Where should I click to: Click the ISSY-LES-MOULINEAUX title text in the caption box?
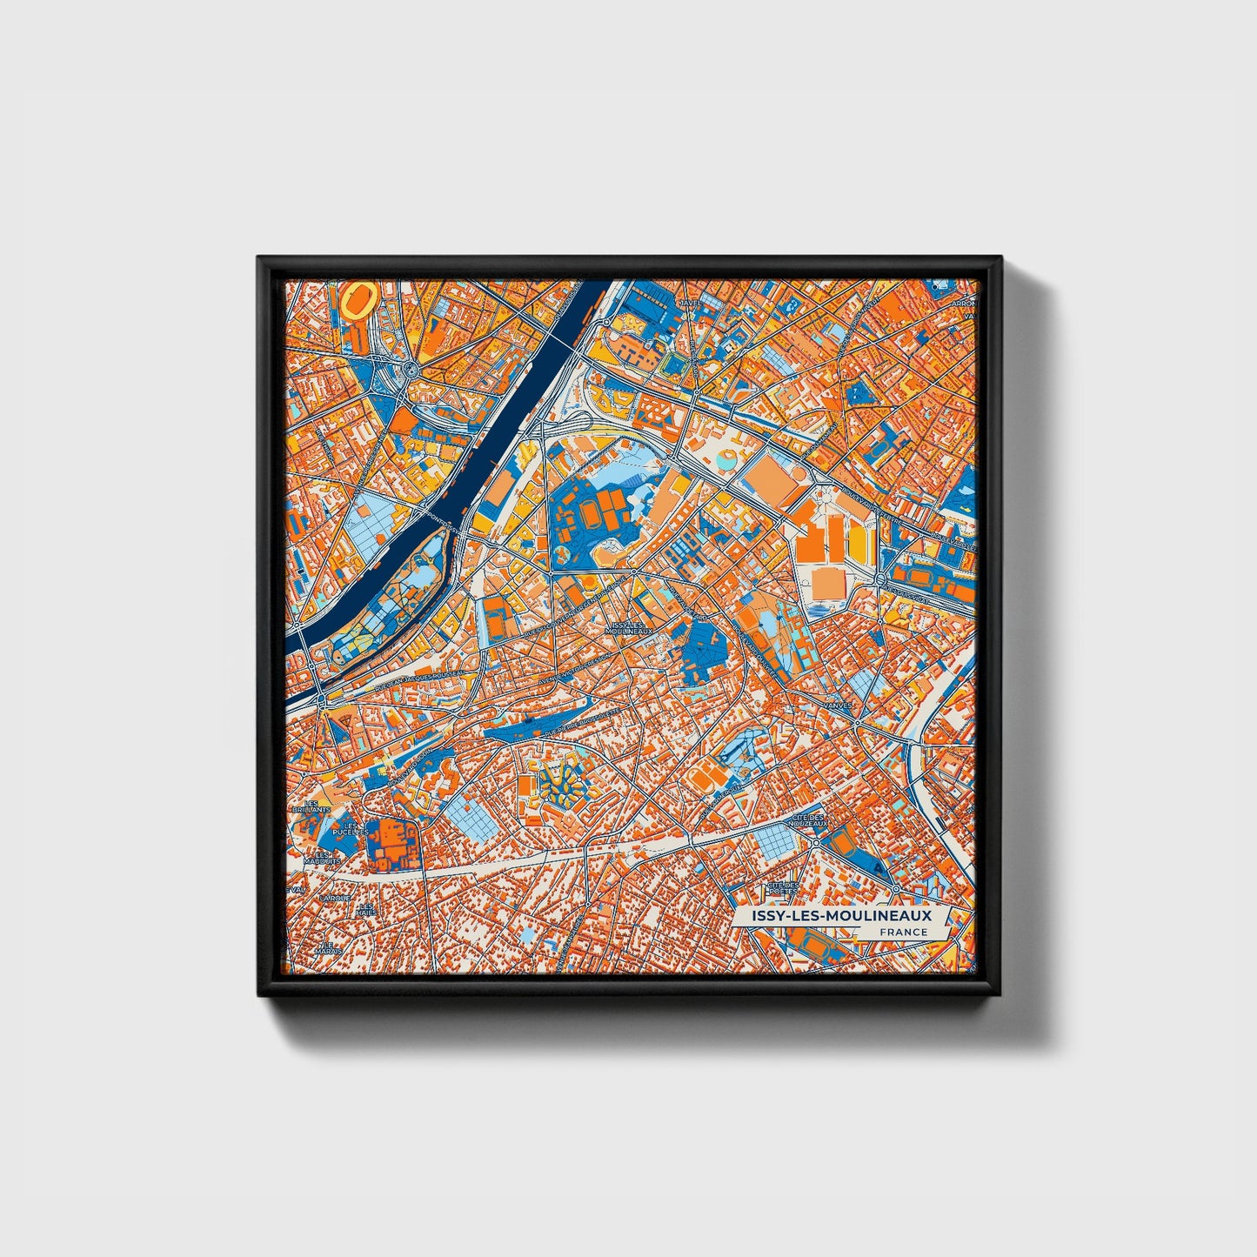832,915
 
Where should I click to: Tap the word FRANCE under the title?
903,932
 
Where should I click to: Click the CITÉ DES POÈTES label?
782,887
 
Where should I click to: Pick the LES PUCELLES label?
351,828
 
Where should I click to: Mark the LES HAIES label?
365,910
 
